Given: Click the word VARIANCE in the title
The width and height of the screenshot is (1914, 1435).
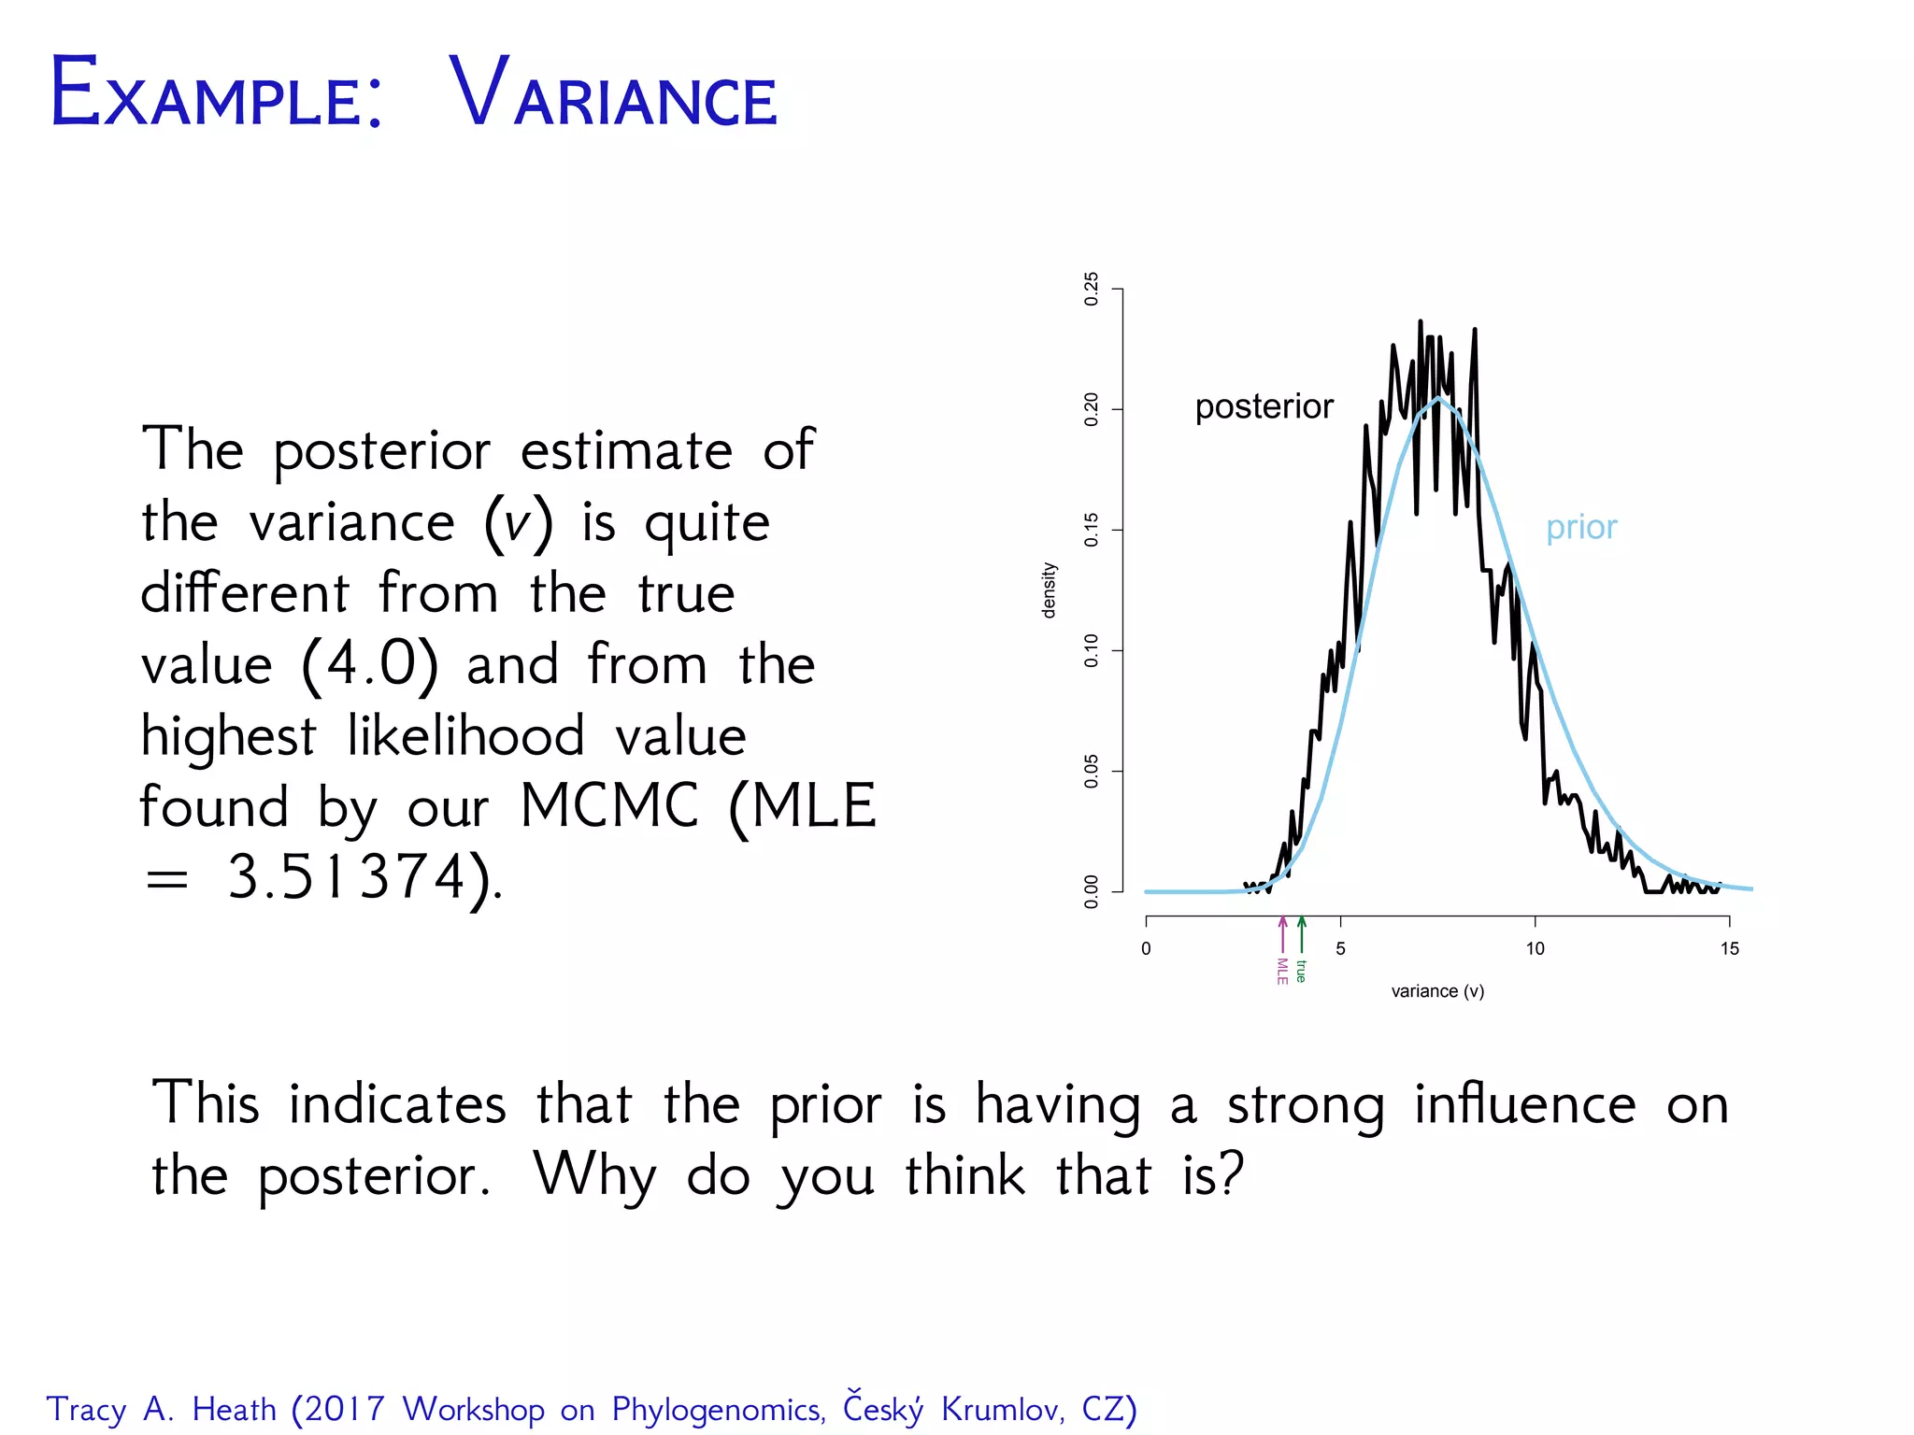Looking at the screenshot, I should coord(613,93).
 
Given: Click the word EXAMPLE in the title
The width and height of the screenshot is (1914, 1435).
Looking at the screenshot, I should coord(216,93).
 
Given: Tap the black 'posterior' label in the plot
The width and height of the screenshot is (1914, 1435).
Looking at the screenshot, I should coord(1264,407).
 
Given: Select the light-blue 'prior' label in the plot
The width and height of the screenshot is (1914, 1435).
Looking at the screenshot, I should coord(1580,528).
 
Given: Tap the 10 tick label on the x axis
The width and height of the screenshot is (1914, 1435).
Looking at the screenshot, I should coord(1535,949).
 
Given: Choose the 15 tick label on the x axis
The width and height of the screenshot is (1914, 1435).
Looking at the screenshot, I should coord(1729,949).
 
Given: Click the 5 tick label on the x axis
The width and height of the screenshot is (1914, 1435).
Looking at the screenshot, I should coord(1340,949).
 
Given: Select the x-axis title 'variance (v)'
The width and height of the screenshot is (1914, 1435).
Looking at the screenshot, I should coord(1437,991).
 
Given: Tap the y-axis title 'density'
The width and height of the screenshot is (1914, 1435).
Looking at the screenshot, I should coord(1050,590).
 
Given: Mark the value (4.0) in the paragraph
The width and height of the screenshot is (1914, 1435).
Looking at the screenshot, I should coord(370,665).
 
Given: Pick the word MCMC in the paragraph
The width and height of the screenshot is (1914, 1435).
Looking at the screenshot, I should coord(609,806).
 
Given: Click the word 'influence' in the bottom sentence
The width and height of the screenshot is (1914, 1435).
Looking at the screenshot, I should coord(1525,1104).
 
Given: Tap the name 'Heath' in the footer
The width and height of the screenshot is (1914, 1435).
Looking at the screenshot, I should coord(234,1409).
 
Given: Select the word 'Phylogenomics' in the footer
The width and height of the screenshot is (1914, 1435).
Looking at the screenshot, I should coord(718,1410).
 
